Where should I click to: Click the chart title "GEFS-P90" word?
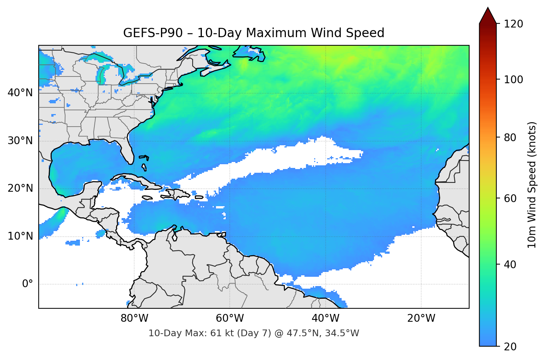click(153, 33)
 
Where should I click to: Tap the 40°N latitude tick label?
click(20, 93)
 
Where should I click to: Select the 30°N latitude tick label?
click(20, 141)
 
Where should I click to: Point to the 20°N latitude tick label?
click(20, 188)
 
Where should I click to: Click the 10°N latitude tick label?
click(20, 236)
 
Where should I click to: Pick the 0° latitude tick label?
click(28, 284)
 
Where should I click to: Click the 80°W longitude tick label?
click(134, 318)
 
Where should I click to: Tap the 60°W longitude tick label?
click(230, 318)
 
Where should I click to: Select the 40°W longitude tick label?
click(325, 318)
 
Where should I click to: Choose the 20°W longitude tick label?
click(421, 318)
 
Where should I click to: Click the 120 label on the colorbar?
click(513, 24)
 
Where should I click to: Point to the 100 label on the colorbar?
click(513, 80)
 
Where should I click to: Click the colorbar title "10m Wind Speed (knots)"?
click(532, 185)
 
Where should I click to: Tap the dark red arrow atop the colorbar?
click(488, 16)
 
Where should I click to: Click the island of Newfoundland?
click(250, 53)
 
